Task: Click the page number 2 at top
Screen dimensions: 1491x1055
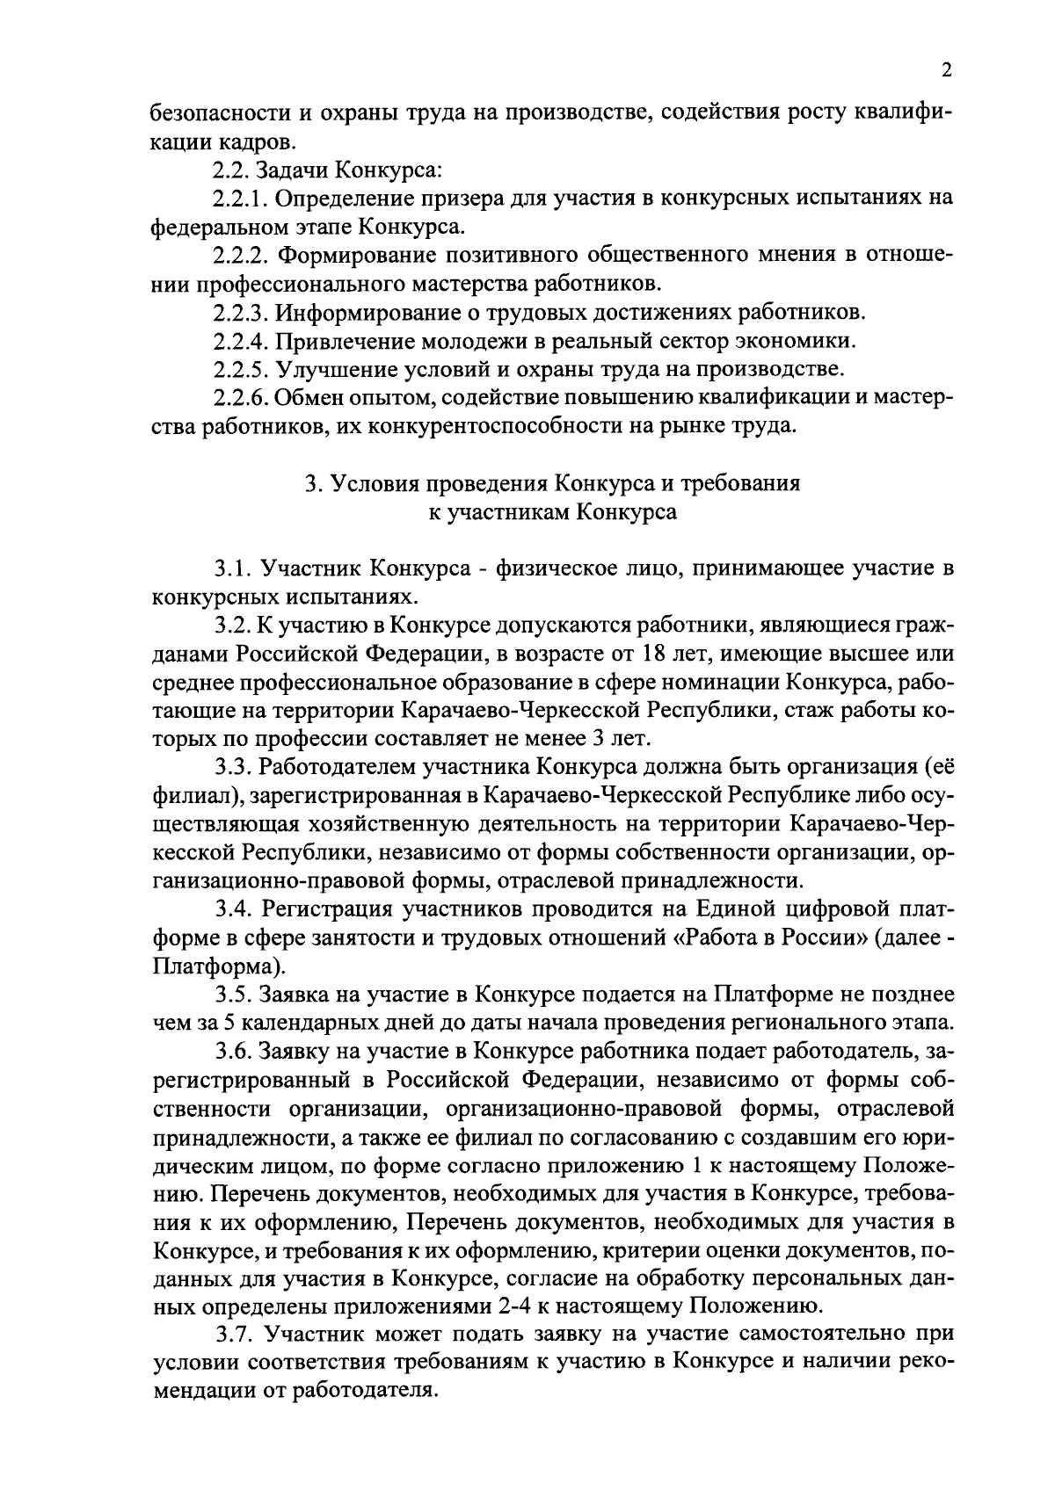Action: click(946, 70)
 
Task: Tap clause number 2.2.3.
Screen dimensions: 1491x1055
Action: click(244, 313)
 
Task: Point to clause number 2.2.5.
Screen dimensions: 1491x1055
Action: click(244, 369)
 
